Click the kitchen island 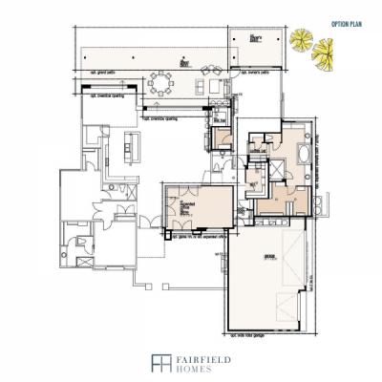133,145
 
